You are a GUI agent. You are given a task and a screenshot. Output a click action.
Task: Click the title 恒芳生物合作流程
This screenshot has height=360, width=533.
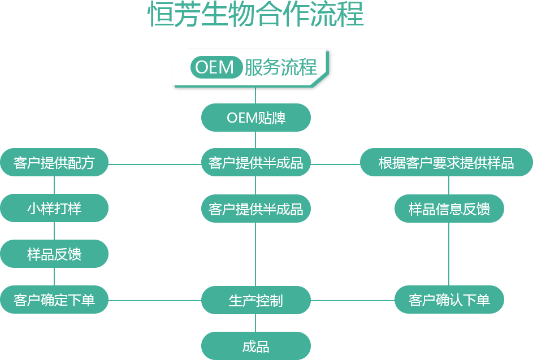[255, 15]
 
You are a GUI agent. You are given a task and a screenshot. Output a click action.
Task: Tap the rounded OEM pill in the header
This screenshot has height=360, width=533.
[215, 67]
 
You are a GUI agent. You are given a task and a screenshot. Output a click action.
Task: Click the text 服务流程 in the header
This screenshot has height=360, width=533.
[280, 68]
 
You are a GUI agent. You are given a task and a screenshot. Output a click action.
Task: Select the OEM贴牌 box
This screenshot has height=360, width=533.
[255, 118]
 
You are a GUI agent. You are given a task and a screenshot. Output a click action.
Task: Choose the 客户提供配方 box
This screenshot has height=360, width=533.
[54, 163]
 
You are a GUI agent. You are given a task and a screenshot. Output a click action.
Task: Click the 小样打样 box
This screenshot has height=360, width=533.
[54, 208]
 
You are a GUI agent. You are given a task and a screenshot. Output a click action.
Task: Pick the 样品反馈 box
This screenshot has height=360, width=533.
[54, 254]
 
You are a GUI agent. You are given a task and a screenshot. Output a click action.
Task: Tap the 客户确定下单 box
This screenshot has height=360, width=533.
[54, 300]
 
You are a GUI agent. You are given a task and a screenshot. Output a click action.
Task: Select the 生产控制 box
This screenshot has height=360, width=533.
[255, 300]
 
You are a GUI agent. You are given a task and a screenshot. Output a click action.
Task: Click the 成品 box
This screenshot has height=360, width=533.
[255, 346]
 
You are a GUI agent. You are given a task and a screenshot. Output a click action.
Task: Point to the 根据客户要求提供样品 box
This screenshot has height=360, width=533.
[446, 163]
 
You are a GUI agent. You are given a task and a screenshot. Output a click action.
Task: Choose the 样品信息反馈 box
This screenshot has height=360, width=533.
[449, 209]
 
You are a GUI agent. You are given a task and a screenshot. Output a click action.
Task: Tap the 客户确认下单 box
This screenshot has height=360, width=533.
[449, 300]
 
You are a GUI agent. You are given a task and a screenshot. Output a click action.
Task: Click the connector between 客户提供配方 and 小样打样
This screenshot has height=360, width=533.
[54, 185]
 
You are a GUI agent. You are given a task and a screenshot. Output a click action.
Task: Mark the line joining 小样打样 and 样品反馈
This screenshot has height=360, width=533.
[54, 231]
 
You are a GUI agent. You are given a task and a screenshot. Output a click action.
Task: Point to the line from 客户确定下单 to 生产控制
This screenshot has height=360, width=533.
[155, 300]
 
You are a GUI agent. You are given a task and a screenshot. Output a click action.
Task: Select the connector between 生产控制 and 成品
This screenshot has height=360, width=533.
[255, 323]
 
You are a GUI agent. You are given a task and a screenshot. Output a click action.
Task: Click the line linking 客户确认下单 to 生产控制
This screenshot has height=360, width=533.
[352, 300]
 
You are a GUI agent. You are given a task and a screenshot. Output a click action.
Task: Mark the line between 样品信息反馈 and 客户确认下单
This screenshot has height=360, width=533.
[449, 254]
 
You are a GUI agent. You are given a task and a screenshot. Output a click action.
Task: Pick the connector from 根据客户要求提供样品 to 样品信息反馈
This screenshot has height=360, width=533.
[449, 185]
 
